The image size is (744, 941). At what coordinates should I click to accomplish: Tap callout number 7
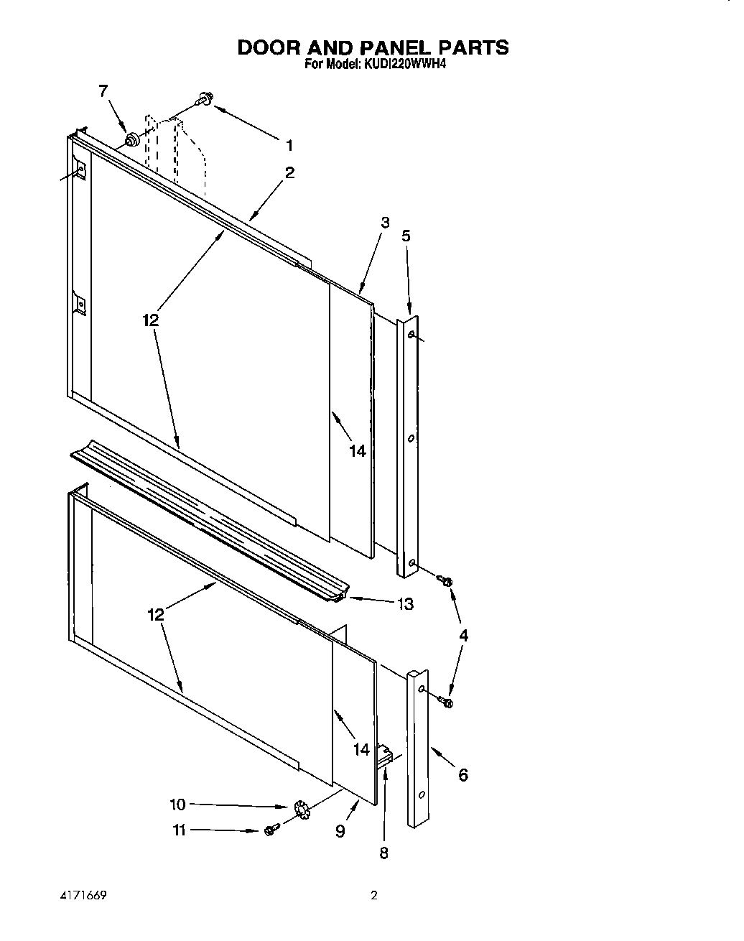(103, 91)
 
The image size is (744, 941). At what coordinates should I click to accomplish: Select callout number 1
(289, 146)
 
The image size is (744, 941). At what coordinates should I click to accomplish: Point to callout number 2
(289, 172)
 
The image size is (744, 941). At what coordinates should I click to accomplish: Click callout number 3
(386, 223)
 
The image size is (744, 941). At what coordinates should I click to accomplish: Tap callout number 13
(406, 604)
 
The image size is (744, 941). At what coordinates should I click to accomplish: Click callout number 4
(464, 635)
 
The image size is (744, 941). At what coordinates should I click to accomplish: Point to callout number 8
(383, 853)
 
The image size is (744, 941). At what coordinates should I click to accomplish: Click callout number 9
(340, 831)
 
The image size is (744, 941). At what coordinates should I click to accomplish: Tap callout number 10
(177, 805)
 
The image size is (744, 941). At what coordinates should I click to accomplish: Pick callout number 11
(179, 830)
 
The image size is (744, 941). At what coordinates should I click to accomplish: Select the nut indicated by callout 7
(131, 139)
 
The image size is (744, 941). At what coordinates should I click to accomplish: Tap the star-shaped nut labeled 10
(300, 810)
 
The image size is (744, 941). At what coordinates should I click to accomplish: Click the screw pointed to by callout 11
(271, 830)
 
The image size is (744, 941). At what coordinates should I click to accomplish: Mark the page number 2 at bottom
(373, 896)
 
